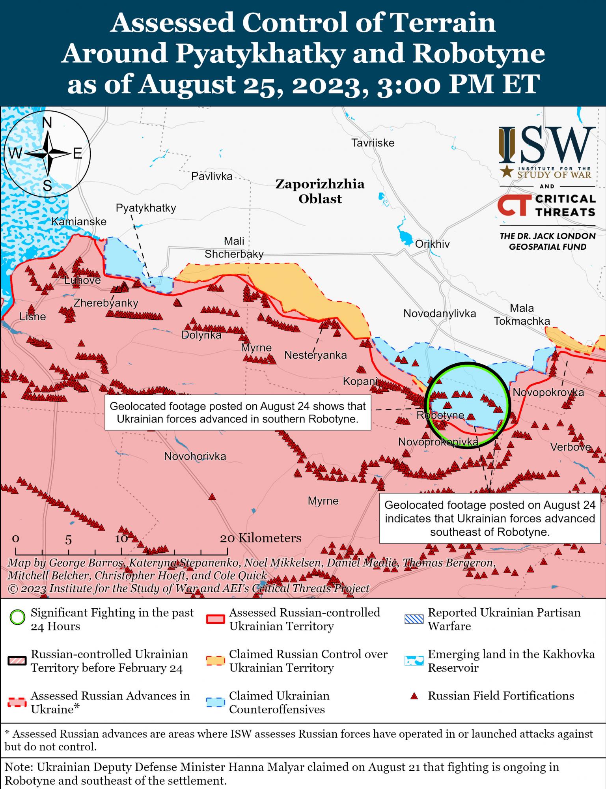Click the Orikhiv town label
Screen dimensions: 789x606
(432, 244)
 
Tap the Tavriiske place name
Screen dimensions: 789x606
(373, 142)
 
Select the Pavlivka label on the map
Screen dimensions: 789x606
(212, 176)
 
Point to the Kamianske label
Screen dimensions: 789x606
(79, 221)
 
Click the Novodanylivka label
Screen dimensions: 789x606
(439, 314)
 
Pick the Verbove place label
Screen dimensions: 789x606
(570, 447)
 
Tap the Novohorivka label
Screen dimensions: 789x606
(195, 456)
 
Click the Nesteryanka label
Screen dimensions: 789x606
(315, 355)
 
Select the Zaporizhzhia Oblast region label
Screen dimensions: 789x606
(319, 191)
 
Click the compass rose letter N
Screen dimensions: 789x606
(47, 123)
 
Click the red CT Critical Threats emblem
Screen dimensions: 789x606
(512, 206)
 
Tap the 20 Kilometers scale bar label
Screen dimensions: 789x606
(260, 538)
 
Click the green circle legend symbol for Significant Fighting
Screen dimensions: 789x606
(17, 617)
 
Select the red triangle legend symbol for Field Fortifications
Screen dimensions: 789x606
(414, 696)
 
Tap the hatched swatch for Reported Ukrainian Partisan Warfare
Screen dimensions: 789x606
(414, 619)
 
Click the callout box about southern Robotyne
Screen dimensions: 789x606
(237, 412)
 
